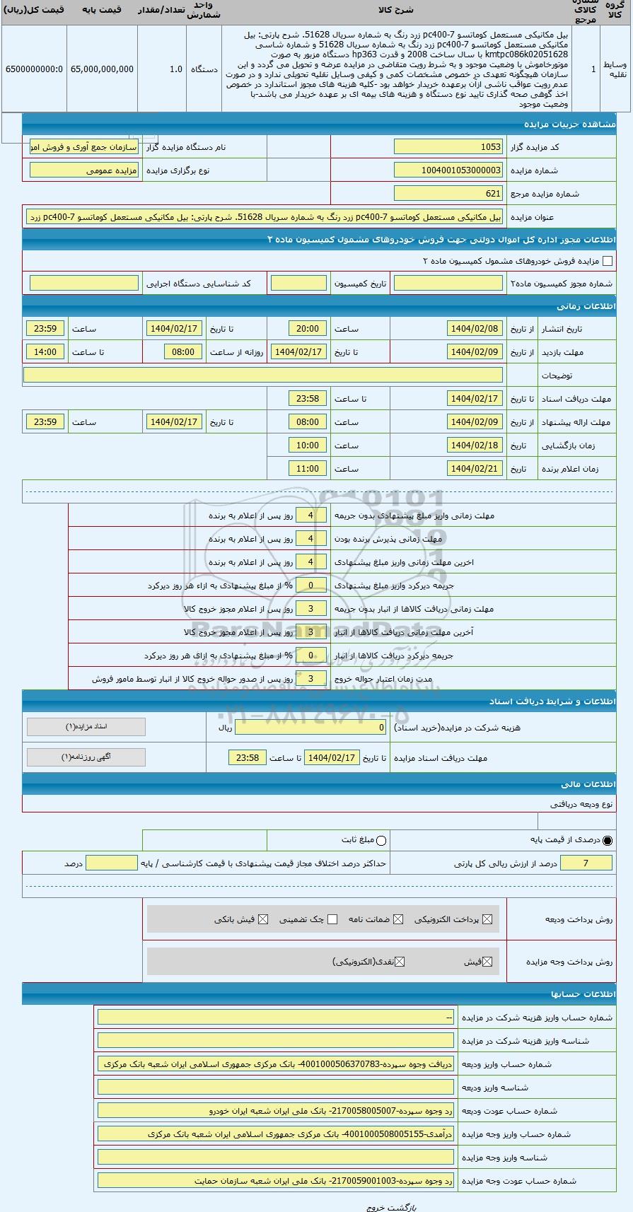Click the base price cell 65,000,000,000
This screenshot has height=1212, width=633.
102,69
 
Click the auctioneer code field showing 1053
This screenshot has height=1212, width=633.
448,147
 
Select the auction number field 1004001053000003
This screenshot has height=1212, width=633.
448,170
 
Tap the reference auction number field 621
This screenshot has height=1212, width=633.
448,194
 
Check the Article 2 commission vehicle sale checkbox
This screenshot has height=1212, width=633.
607,261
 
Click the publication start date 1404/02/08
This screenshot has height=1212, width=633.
475,329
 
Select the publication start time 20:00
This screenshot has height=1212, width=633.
308,329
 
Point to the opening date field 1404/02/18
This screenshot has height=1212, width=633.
475,445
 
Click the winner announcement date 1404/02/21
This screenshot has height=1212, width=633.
475,469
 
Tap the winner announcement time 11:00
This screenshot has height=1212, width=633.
308,469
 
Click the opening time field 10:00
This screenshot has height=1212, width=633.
308,445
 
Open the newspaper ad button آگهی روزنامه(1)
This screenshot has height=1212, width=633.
86,757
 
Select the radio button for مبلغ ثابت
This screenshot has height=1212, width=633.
382,840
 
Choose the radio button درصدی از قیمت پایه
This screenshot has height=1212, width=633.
608,840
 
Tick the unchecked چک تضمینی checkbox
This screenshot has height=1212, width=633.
332,919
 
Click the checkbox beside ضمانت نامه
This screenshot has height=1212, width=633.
398,919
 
